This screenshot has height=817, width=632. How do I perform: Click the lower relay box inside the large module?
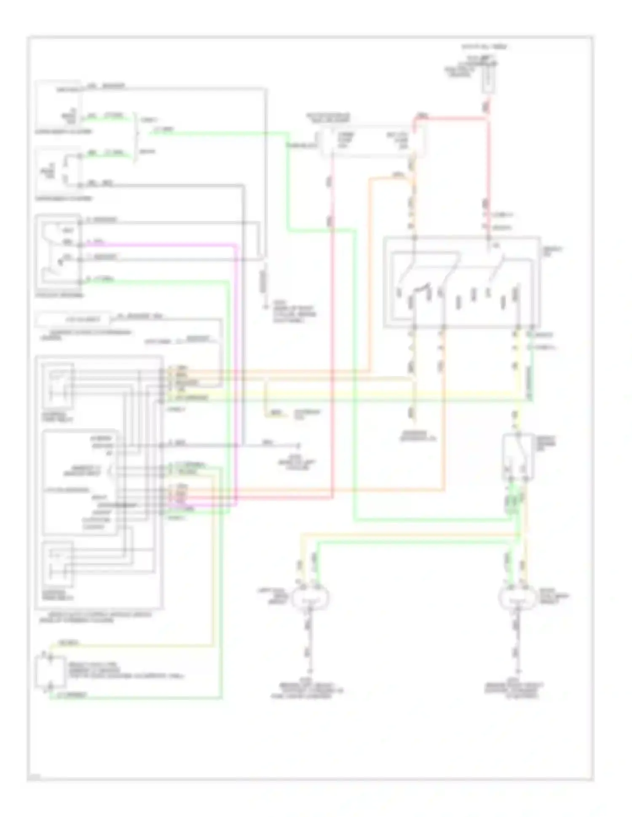pos(58,564)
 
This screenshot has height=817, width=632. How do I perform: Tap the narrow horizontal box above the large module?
pos(74,320)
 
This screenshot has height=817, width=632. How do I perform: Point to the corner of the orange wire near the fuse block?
pos(370,180)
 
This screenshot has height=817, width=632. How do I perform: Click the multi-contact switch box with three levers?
pos(461,282)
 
